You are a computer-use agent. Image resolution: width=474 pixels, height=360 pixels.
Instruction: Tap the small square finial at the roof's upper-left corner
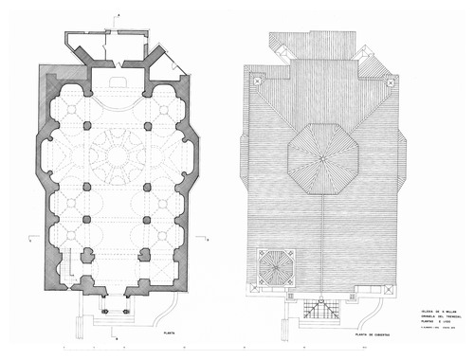click(256, 81)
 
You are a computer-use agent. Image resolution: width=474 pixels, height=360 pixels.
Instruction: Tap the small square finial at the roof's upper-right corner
click(389, 81)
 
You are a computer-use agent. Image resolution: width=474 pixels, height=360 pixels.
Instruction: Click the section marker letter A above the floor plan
click(118, 15)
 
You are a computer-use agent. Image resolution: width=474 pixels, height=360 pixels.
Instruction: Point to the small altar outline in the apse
click(118, 83)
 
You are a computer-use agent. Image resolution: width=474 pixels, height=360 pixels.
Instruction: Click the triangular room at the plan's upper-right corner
click(172, 64)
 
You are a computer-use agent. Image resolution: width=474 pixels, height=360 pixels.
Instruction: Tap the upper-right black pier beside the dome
click(147, 124)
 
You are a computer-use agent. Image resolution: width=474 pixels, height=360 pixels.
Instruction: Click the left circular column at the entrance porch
click(103, 310)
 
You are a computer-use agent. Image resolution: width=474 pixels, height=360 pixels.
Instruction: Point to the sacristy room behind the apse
click(118, 47)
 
